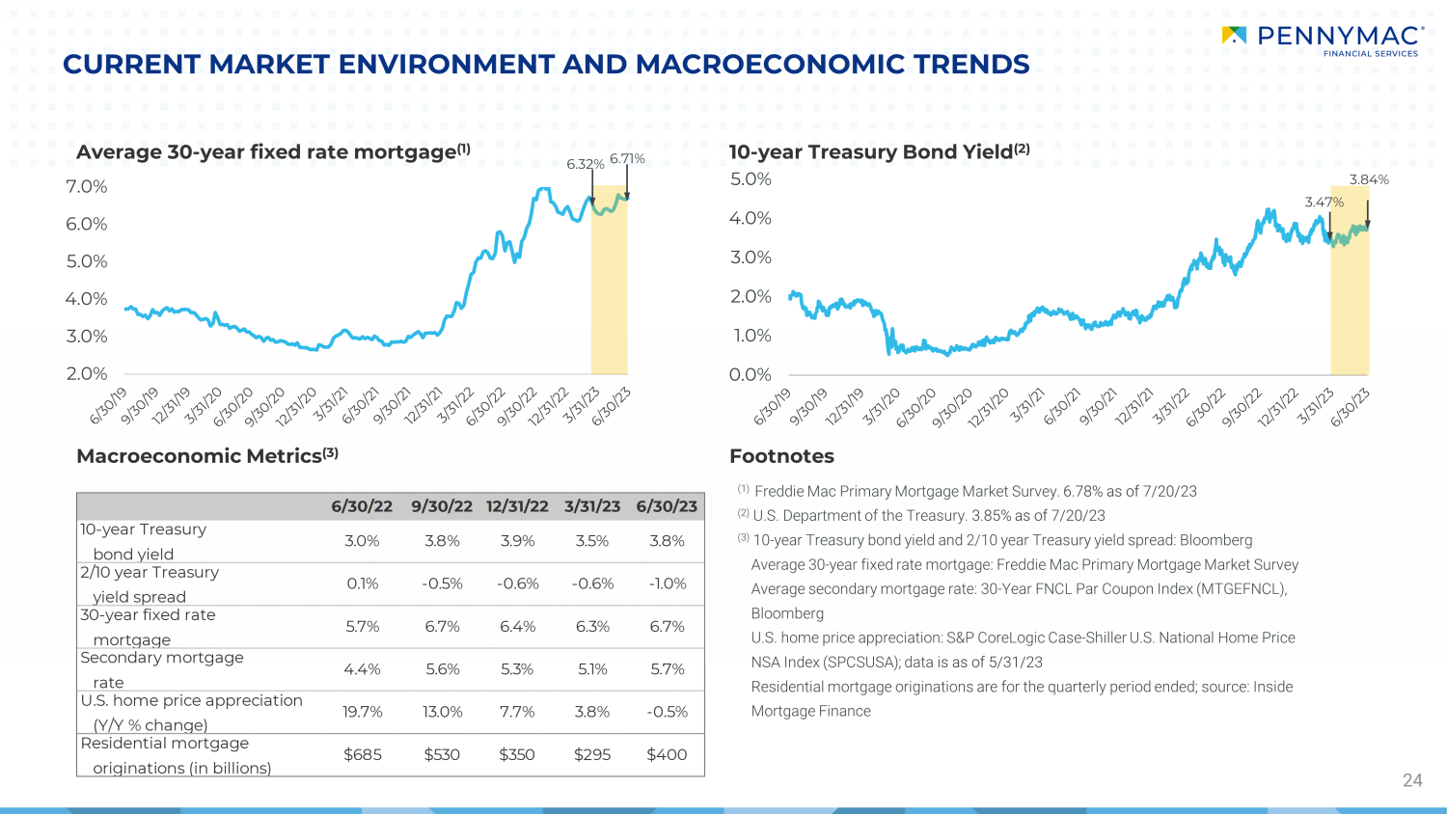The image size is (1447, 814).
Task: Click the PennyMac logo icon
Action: coord(1234,35)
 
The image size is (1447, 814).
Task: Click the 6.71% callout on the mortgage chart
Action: coord(627,158)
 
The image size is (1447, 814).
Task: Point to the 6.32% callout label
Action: coord(586,164)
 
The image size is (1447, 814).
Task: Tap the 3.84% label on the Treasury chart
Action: coord(1369,179)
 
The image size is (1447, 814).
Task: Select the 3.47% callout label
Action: coord(1324,203)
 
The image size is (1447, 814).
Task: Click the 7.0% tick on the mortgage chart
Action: coord(87,187)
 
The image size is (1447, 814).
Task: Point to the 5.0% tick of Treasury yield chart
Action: coord(751,179)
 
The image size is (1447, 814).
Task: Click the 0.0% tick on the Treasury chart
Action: coord(751,375)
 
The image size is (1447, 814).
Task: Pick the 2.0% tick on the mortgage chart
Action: coord(87,373)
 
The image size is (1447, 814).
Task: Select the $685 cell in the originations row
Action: coord(363,754)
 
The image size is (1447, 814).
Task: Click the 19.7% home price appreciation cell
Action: coord(363,712)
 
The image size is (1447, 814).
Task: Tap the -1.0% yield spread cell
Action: coord(668,583)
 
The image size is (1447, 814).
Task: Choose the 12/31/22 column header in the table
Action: coord(517,506)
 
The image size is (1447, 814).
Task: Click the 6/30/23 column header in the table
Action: coord(667,506)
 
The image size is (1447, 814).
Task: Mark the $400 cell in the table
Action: coord(667,754)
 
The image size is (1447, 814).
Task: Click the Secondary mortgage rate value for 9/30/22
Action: coord(443,669)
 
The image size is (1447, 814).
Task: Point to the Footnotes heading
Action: coord(781,456)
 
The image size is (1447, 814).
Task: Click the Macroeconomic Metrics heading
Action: coord(207,456)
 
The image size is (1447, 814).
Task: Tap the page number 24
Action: coord(1413,780)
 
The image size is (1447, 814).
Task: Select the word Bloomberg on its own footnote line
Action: coord(787,613)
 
